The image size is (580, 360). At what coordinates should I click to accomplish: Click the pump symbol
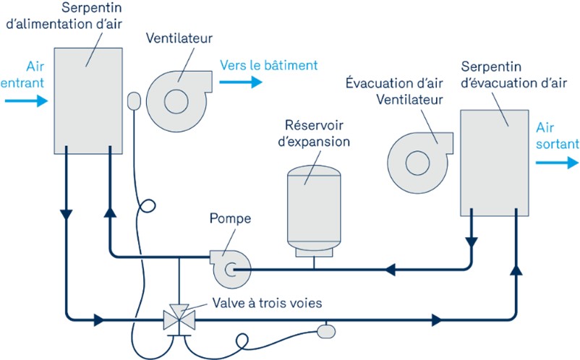(x=226, y=267)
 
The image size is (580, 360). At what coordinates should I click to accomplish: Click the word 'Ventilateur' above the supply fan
(x=178, y=37)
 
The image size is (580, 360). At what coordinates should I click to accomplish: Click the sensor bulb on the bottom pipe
(x=326, y=330)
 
